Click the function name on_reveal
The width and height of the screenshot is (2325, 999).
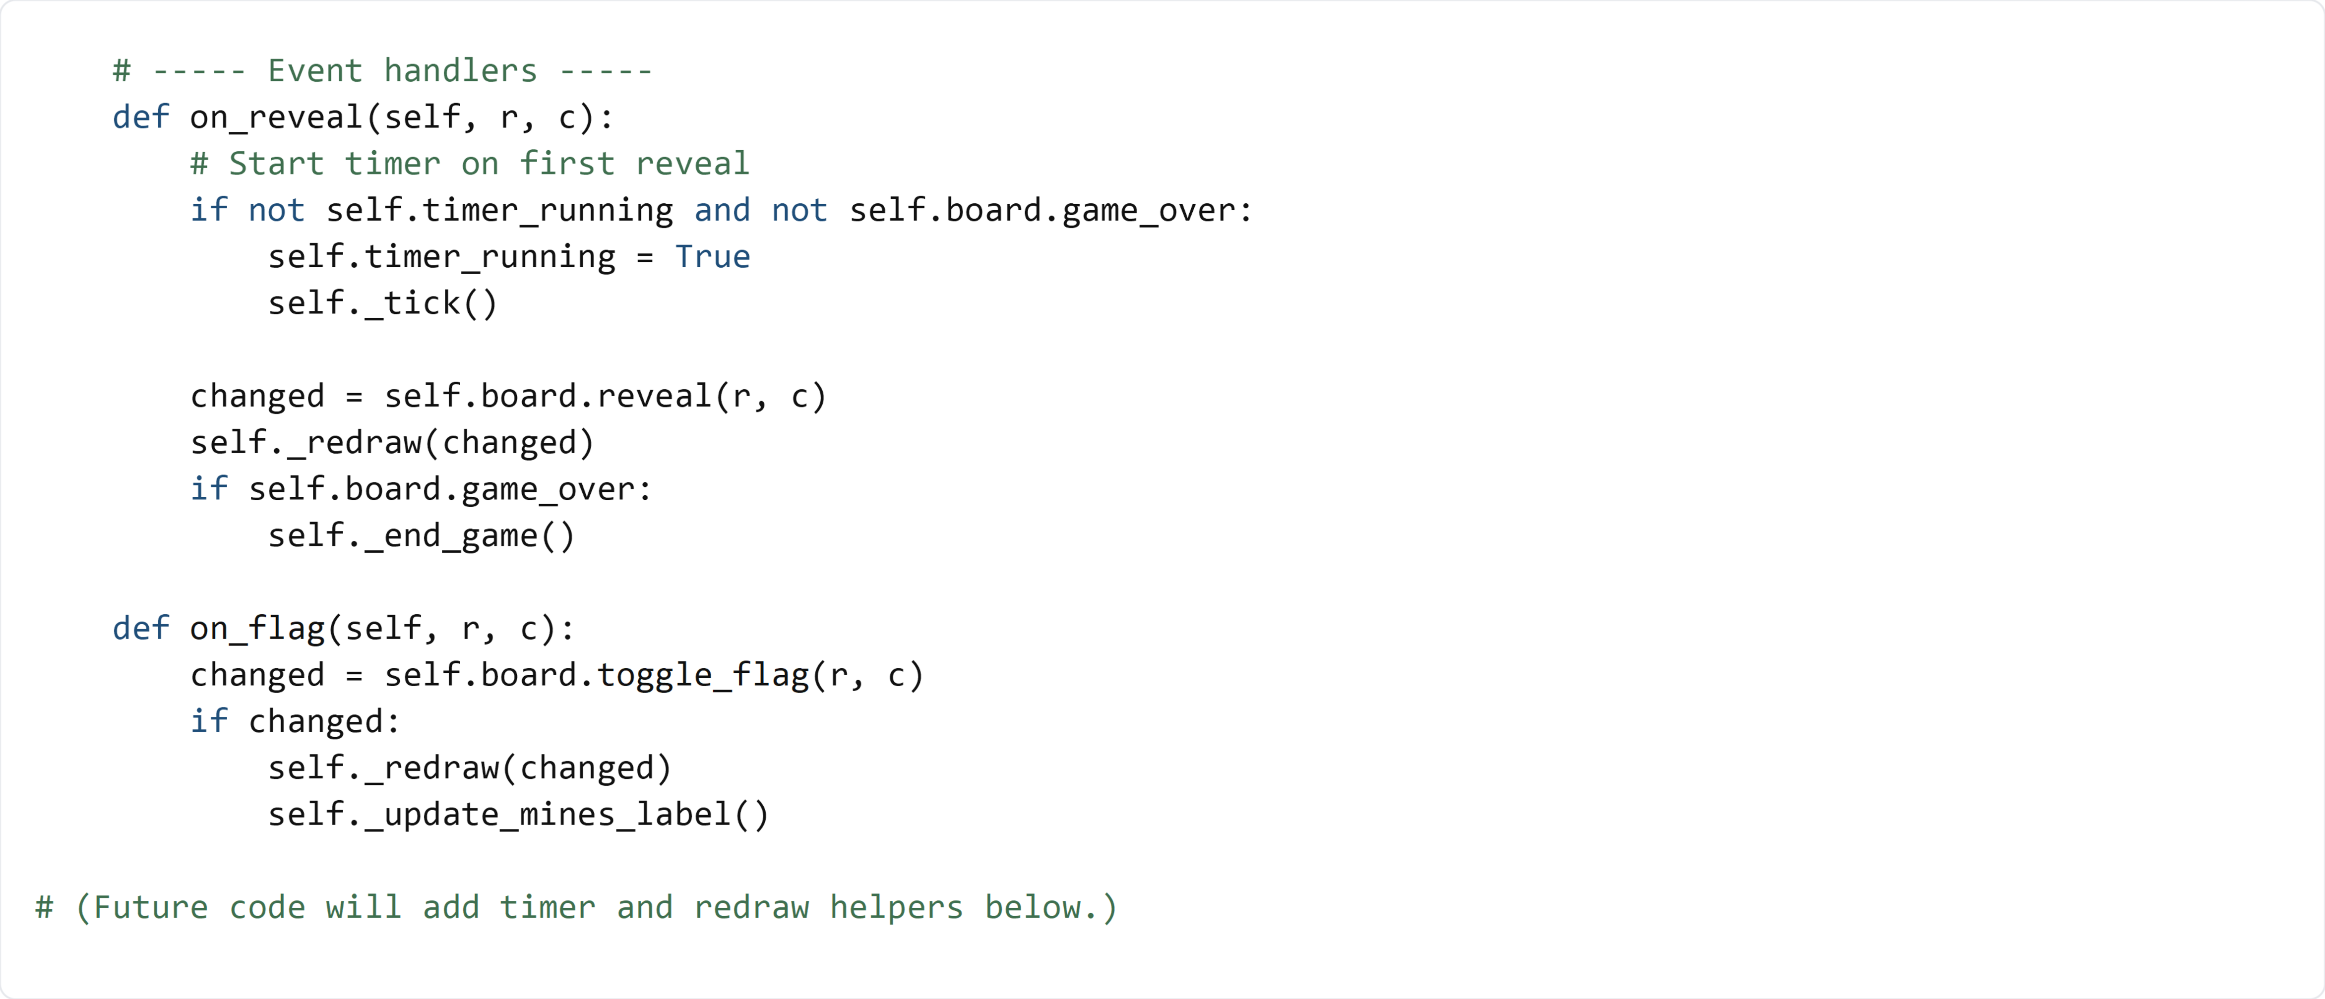click(275, 118)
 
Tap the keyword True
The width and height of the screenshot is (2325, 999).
click(712, 257)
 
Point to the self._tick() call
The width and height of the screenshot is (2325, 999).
click(382, 303)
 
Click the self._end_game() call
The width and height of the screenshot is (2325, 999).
click(421, 536)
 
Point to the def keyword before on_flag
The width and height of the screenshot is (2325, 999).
click(141, 628)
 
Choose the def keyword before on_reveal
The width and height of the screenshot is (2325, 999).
click(141, 118)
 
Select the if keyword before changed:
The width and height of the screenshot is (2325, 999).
click(208, 721)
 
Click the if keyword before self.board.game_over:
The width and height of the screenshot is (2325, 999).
click(208, 489)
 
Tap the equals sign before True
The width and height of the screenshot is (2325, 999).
click(644, 257)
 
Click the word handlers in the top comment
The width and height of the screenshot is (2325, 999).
click(460, 70)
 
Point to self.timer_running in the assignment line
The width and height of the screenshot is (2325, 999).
click(441, 257)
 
